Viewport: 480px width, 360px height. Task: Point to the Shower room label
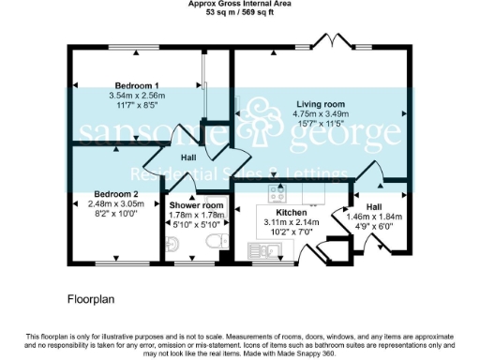(x=196, y=205)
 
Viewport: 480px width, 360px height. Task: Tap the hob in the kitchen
(x=278, y=195)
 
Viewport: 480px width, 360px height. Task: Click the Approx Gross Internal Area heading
(x=241, y=5)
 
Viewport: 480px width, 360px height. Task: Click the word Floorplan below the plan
(x=91, y=301)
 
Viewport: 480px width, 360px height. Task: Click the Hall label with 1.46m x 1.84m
(x=374, y=206)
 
